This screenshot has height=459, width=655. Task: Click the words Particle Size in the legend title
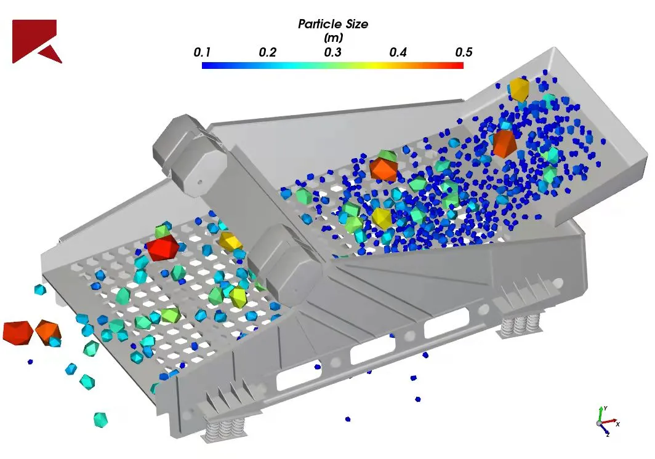pos(333,24)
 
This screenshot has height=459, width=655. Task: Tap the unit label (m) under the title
pos(334,38)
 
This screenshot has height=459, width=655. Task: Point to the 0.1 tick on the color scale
pos(202,52)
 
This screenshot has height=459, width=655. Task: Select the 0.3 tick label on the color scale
pos(333,52)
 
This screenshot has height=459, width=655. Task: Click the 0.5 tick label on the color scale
pos(464,52)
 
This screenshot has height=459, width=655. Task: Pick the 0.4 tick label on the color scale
pos(398,52)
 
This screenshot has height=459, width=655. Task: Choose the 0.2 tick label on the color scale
pos(268,52)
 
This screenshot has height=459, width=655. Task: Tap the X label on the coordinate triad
pos(618,423)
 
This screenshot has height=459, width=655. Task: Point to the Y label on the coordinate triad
pos(605,408)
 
